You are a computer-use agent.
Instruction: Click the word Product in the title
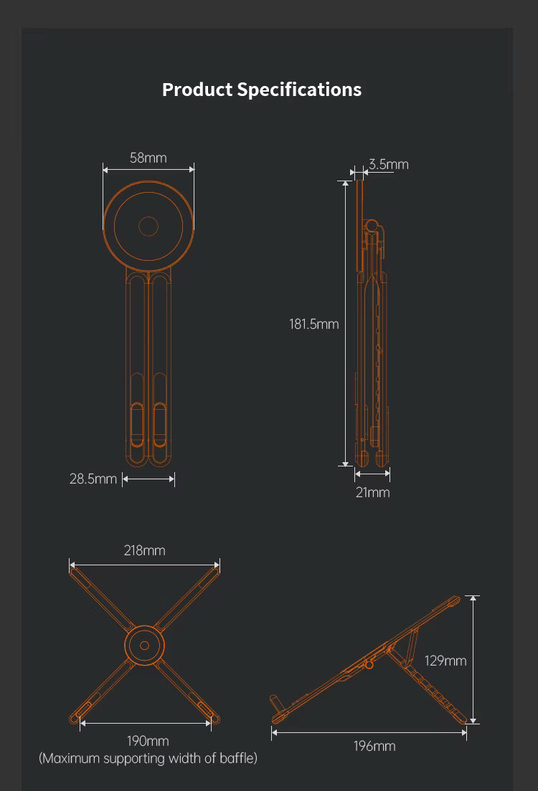click(x=197, y=90)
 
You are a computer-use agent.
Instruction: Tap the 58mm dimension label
click(x=148, y=158)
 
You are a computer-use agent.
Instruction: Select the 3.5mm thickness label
click(x=388, y=164)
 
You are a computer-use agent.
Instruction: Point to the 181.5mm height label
click(x=313, y=324)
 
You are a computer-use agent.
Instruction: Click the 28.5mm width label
click(x=93, y=479)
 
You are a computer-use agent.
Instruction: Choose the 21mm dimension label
click(x=372, y=492)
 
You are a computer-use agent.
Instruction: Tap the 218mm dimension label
click(x=144, y=550)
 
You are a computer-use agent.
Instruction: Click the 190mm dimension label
click(x=147, y=741)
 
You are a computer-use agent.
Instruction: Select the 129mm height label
click(x=445, y=661)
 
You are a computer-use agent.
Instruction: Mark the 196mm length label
click(x=374, y=746)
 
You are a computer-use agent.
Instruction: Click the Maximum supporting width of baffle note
click(x=148, y=758)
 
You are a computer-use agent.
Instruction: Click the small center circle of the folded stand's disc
click(x=148, y=226)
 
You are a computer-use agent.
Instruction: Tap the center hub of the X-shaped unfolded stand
click(x=144, y=646)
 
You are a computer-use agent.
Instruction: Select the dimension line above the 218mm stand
click(x=144, y=565)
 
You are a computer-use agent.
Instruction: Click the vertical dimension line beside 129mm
click(x=473, y=659)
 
